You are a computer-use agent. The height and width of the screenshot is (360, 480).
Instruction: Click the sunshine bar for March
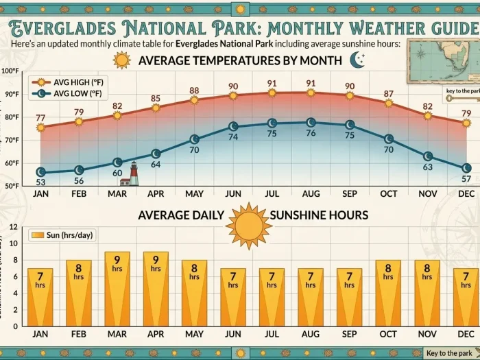(117, 288)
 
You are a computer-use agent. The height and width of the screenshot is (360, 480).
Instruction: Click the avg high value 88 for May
(194, 91)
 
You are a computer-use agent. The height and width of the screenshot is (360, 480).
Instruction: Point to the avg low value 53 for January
(40, 182)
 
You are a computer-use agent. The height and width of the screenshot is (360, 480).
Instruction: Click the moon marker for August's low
(311, 123)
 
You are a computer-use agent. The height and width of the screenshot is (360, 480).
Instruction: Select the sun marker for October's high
(389, 104)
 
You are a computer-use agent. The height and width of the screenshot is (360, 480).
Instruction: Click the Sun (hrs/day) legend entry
(61, 236)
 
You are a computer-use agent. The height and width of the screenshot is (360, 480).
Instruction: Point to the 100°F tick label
(10, 71)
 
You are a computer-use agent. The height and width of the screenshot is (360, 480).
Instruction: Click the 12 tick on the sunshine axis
(12, 227)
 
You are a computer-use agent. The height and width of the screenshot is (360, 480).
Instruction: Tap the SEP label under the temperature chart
(350, 194)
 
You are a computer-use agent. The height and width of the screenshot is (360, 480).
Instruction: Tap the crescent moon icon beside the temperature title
(357, 60)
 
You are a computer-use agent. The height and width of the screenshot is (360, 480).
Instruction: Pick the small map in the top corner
(442, 60)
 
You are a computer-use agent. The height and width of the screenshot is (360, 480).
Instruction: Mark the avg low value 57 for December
(466, 178)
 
